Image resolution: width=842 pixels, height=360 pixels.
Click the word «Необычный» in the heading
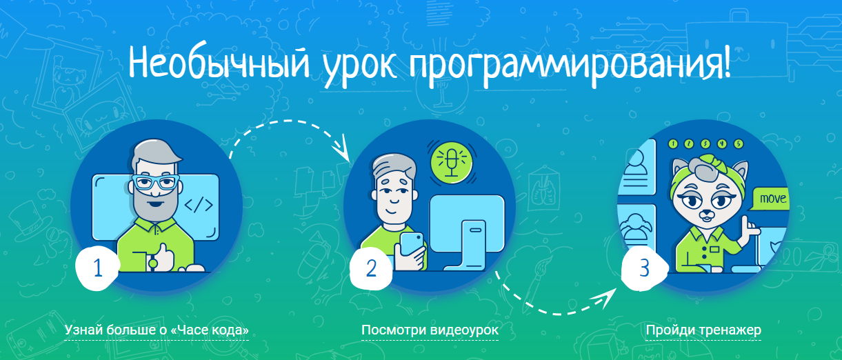(x=219, y=63)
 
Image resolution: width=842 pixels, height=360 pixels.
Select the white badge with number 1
(x=98, y=268)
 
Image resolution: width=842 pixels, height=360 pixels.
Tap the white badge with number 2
(x=371, y=268)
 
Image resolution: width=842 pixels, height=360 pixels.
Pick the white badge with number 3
(x=644, y=268)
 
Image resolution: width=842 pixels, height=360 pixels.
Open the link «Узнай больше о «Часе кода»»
(x=157, y=330)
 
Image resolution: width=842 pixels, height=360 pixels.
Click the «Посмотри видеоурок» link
(x=430, y=330)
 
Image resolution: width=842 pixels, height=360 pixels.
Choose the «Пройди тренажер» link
(x=703, y=330)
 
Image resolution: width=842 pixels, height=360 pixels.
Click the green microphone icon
(x=452, y=162)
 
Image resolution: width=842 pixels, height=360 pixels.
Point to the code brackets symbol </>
(x=199, y=205)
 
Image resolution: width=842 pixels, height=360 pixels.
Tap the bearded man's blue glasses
(x=156, y=183)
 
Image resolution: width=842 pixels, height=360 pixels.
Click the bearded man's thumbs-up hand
(x=163, y=257)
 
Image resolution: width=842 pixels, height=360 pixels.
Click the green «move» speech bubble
(x=770, y=199)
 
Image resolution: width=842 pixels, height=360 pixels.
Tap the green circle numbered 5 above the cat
(x=739, y=143)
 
